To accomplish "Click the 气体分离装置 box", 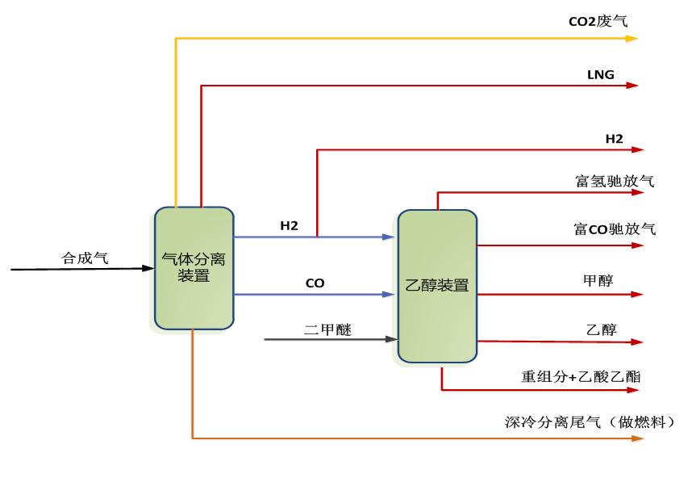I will point(194,268).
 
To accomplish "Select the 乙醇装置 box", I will point(437,286).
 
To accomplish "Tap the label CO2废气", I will point(598,22).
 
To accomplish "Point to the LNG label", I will point(601,75).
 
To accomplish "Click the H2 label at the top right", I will point(615,139).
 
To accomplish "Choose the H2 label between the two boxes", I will point(290,226).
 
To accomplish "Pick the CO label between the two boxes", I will point(315,283).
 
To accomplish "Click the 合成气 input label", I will point(85,258).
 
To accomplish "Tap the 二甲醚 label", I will point(327,329).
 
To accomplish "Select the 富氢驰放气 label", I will point(615,181).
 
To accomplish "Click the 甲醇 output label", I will point(598,281).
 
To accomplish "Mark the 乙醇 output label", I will point(602,329).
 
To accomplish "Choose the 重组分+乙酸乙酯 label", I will point(582,376).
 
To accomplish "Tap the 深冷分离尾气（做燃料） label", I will point(590,421).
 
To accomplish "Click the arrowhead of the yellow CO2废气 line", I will point(633,38).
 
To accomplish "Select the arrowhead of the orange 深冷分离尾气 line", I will point(639,438).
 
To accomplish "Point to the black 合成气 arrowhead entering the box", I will point(149,268).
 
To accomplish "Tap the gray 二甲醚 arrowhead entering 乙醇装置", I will point(393,339).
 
